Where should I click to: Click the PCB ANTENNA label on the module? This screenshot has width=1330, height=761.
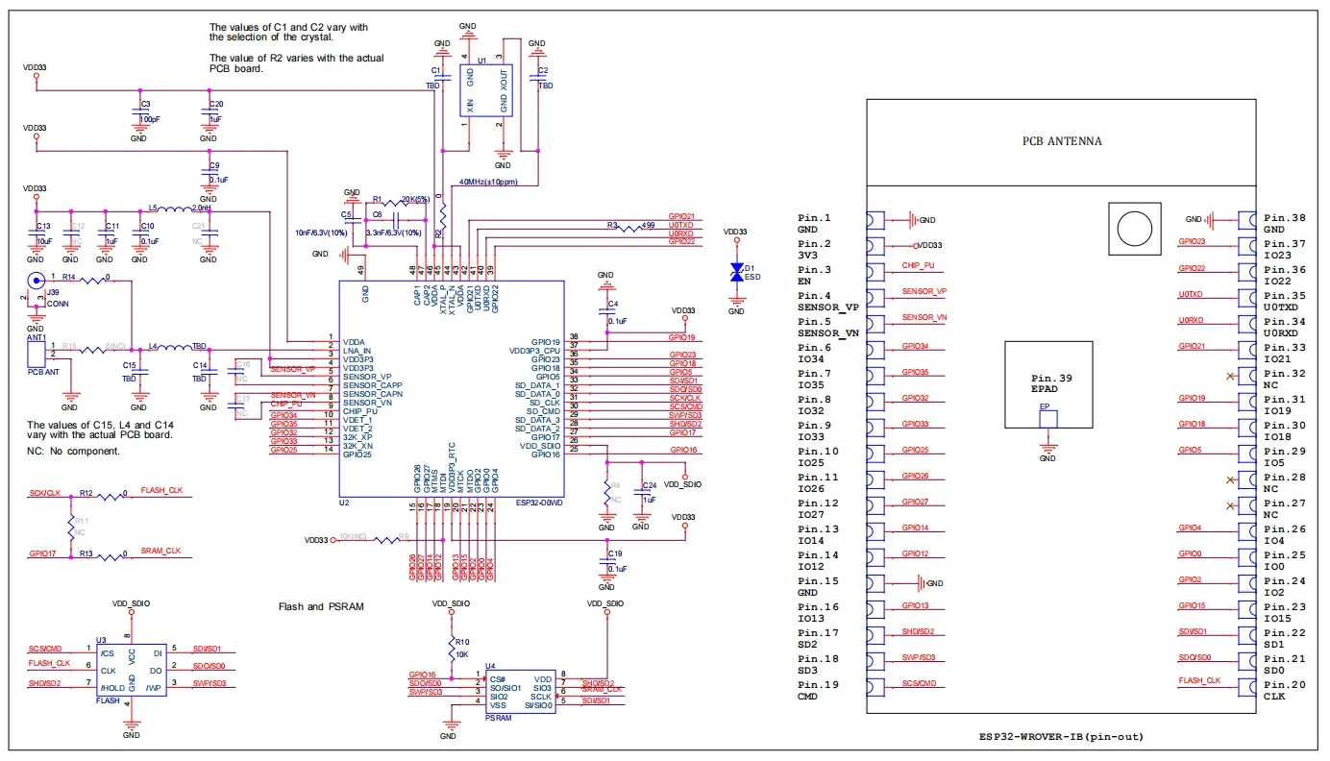click(1061, 141)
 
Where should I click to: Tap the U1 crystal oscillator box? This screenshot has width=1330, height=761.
click(484, 91)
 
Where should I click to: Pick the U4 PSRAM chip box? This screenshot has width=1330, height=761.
click(520, 692)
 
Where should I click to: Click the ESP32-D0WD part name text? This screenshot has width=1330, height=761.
click(538, 502)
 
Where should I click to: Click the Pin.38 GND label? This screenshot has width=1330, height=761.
click(1285, 224)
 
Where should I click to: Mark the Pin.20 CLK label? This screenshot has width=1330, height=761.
click(1285, 691)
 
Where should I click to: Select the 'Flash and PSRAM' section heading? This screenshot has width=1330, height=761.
click(321, 606)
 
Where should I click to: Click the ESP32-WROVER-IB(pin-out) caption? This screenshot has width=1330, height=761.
click(1061, 737)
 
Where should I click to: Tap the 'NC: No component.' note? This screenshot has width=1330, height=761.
click(74, 451)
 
